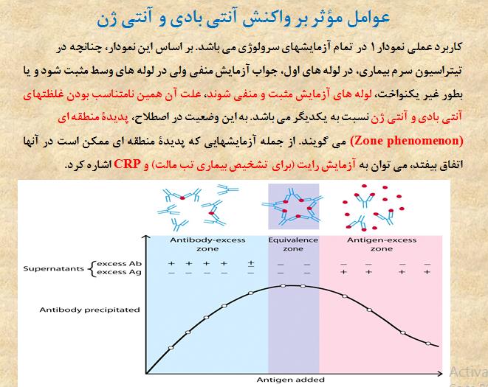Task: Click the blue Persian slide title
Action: (243, 18)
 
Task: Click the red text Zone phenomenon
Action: (407, 141)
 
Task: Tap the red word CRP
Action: (127, 164)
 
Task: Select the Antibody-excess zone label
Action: (207, 244)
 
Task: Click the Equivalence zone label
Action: (293, 244)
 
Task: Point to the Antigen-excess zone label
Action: (382, 244)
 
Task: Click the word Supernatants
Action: (54, 268)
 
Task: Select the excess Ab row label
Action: (120, 264)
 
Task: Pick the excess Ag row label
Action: (120, 272)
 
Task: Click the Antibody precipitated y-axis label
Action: (89, 310)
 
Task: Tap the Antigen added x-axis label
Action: (291, 380)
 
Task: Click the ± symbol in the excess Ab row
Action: (251, 264)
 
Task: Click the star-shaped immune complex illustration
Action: (293, 206)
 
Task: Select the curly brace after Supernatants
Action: (92, 268)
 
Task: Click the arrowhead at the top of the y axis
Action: (146, 237)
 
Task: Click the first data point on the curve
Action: (171, 348)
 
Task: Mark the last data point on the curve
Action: (428, 344)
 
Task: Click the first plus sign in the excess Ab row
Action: (171, 264)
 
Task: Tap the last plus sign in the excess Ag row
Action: (427, 272)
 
